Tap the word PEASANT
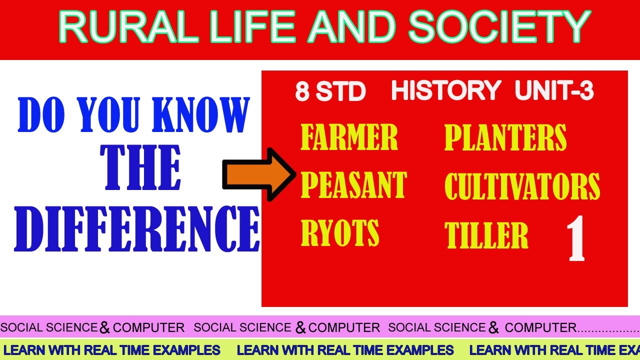click(x=353, y=184)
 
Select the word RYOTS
click(x=340, y=232)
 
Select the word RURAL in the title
click(x=128, y=27)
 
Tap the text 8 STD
click(x=330, y=92)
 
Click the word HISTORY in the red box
click(x=446, y=91)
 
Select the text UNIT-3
click(x=554, y=91)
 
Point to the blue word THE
click(x=140, y=169)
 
